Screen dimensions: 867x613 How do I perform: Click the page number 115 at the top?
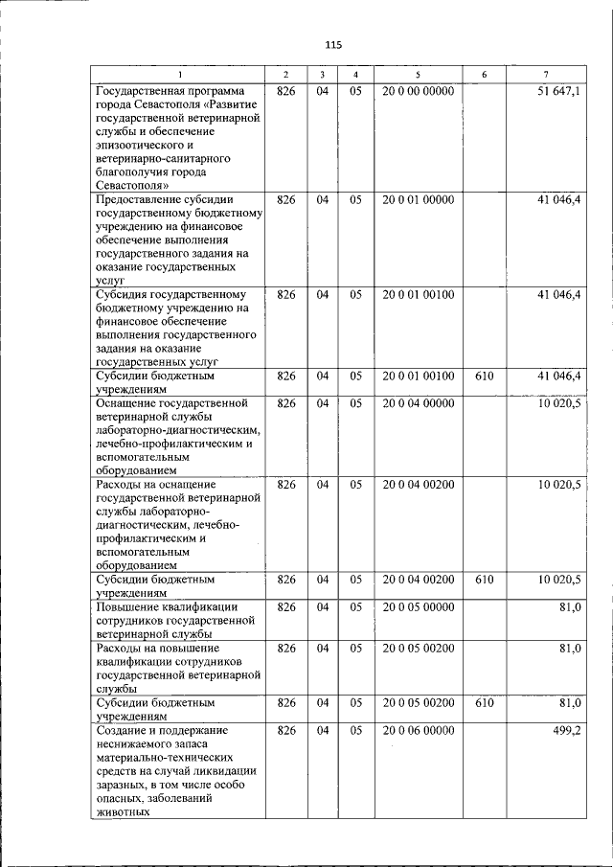(x=333, y=45)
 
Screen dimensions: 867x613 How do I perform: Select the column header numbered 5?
(x=418, y=75)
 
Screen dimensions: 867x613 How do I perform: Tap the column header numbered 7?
(x=545, y=75)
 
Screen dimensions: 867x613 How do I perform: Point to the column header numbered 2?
(x=285, y=75)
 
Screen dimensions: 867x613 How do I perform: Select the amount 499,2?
(x=567, y=731)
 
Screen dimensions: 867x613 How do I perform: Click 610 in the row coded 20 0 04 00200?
(x=484, y=580)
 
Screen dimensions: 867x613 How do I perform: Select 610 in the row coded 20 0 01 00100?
(x=484, y=376)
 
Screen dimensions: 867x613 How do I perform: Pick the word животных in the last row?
(x=123, y=811)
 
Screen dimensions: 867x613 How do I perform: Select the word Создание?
(x=120, y=731)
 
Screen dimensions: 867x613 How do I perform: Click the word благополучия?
(x=134, y=171)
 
